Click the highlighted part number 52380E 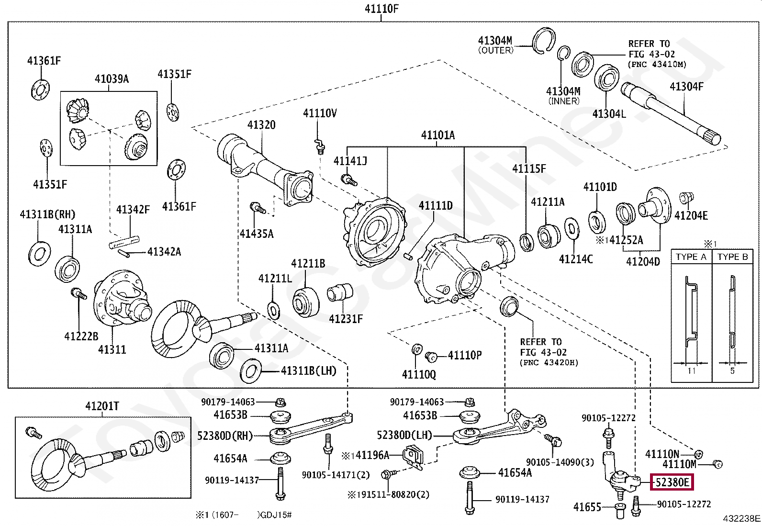click(672, 482)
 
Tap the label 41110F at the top click(381, 9)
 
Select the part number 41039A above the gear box click(112, 79)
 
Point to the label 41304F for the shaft click(686, 87)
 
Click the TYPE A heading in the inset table click(691, 257)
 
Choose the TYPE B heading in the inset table click(732, 257)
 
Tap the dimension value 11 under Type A click(691, 371)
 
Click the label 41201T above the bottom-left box click(102, 406)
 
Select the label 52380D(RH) click(224, 436)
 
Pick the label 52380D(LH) click(404, 435)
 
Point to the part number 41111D click(435, 206)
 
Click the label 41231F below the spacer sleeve click(346, 319)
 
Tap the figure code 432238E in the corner click(741, 518)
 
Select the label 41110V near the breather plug click(320, 113)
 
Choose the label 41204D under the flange click(643, 262)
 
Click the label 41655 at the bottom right click(587, 507)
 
